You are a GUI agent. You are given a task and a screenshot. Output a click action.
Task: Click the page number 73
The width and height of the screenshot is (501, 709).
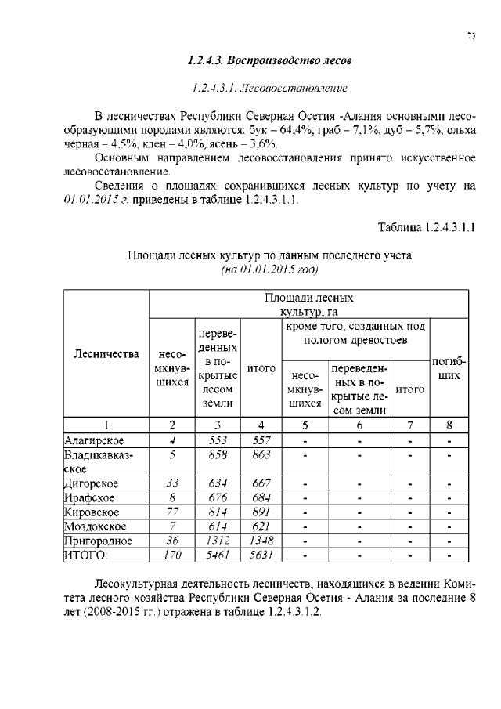tap(471, 35)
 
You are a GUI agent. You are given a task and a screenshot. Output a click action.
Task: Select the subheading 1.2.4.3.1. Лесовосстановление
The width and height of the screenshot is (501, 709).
tap(270, 86)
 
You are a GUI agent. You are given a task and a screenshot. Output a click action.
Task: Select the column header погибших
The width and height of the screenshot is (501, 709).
tap(449, 370)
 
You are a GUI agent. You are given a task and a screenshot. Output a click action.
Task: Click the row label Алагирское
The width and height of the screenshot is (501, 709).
tap(94, 440)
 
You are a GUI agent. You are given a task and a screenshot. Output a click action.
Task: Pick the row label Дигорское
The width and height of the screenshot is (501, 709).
tap(91, 483)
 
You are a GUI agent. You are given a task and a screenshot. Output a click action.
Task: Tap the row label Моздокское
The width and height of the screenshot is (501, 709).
tap(94, 526)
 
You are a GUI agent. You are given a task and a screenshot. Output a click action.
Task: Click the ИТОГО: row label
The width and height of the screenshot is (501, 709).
tap(85, 555)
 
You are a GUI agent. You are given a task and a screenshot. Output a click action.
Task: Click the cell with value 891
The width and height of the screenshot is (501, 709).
tap(261, 512)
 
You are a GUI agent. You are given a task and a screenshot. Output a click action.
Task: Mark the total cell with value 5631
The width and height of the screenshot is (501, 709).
tap(261, 555)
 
